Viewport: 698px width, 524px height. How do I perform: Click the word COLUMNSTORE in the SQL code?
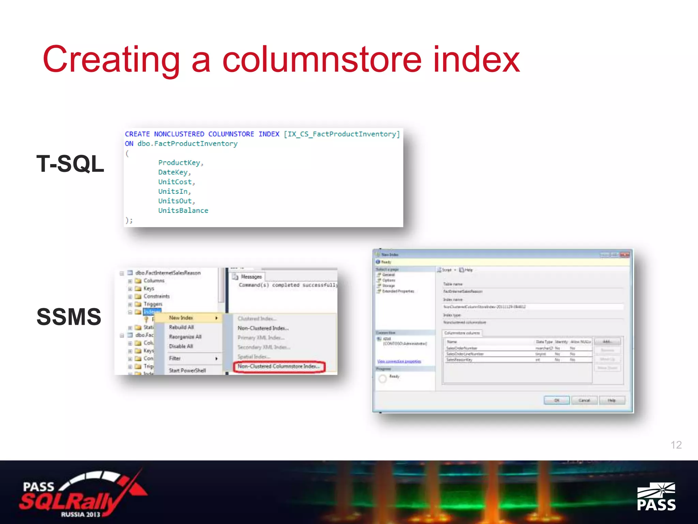[x=231, y=134]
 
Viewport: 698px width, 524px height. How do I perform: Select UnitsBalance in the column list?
[x=183, y=210]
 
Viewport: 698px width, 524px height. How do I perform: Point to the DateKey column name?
[x=173, y=172]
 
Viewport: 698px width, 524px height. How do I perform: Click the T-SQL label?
[x=70, y=164]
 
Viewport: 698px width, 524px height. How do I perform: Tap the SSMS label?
[x=69, y=317]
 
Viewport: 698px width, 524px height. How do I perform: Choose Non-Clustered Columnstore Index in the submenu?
[x=279, y=366]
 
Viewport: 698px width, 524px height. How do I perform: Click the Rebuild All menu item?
[x=181, y=327]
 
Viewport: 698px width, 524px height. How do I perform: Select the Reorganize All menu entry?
[x=185, y=337]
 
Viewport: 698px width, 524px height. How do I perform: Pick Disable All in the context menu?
[x=181, y=346]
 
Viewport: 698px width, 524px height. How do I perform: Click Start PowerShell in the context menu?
[x=187, y=370]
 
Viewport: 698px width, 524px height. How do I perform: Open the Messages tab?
[x=251, y=277]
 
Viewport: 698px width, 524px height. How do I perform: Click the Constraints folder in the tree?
[x=156, y=296]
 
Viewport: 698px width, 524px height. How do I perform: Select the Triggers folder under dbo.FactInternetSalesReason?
[x=153, y=304]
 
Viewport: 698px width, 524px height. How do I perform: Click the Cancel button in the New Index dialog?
[x=584, y=400]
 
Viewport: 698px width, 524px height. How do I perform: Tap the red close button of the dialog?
[x=625, y=255]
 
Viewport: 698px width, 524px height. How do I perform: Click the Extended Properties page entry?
[x=398, y=291]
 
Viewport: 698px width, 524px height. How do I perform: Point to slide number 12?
[x=676, y=445]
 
